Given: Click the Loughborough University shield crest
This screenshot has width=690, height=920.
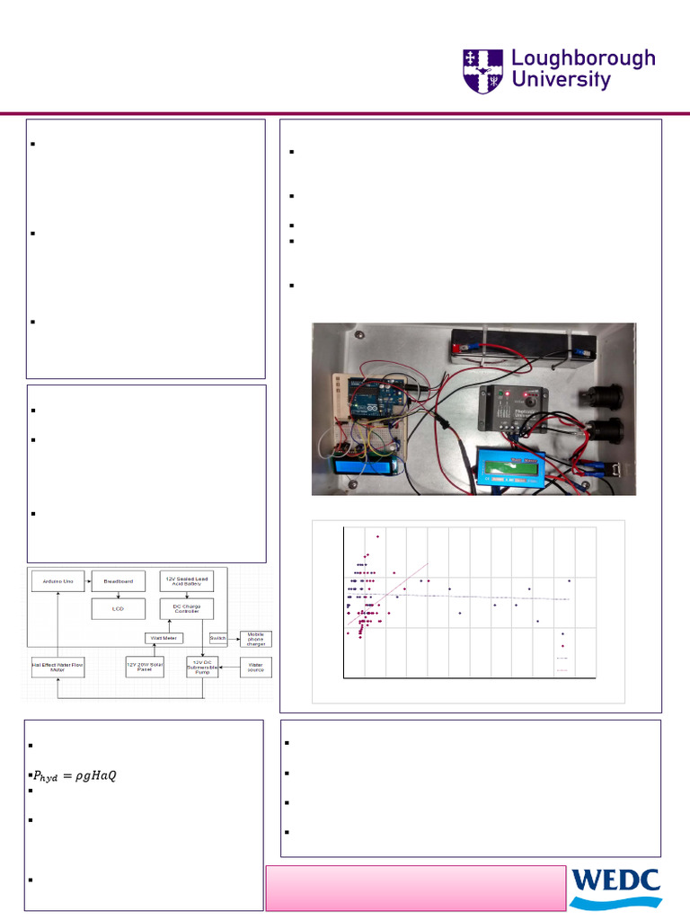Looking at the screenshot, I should coord(483,70).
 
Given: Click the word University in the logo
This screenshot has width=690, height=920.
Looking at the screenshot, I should coord(561,80).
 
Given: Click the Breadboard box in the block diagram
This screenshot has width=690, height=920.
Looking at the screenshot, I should coord(118,582).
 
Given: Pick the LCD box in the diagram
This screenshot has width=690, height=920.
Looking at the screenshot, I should coord(118,609).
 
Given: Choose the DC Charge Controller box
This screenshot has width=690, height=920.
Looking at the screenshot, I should coord(187,608).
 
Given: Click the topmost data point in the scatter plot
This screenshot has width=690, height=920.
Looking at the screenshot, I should coord(378,536).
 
